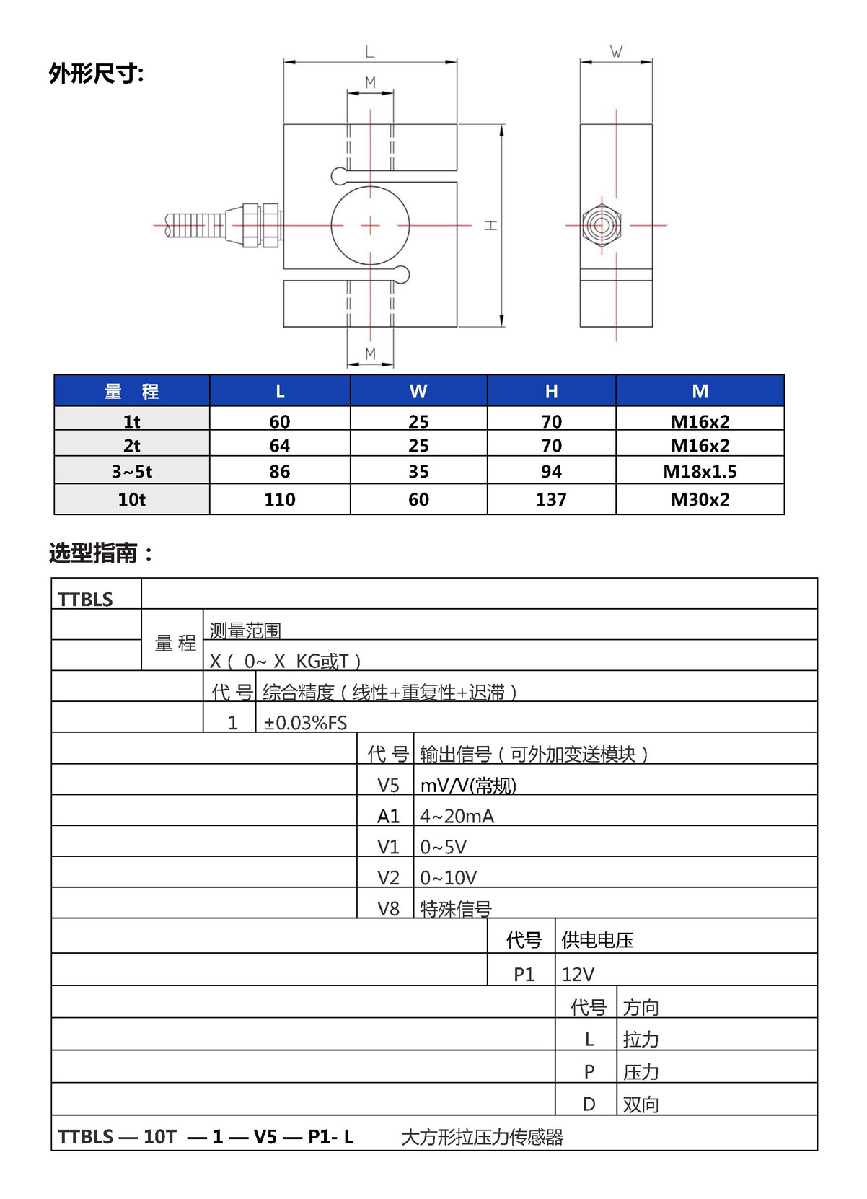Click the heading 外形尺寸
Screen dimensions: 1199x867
96,74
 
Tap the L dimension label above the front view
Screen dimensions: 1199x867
369,52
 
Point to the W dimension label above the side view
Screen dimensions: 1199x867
616,52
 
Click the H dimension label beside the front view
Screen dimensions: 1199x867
491,225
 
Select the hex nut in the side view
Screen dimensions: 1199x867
602,225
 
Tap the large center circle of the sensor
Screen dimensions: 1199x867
370,225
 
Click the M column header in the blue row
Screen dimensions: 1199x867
700,391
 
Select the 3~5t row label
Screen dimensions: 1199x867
132,472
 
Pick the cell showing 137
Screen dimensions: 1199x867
551,499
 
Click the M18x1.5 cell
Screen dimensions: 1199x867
700,472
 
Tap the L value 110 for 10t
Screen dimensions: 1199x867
279,499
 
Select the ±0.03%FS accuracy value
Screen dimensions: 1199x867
305,723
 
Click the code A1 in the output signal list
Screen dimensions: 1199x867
388,816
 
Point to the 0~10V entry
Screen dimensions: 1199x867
448,878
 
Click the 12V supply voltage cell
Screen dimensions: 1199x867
578,975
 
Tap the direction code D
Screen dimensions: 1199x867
589,1104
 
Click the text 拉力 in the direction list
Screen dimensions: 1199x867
641,1040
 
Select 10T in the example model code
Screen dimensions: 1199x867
159,1137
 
